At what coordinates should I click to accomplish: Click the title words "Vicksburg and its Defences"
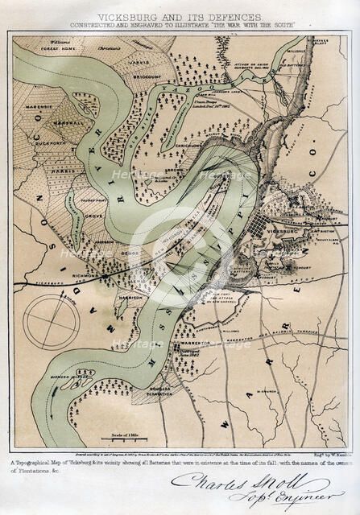coord(180,16)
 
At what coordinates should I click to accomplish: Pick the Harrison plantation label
coord(130,295)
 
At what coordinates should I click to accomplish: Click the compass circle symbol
coord(51,321)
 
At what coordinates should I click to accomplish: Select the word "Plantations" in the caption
coord(31,471)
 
